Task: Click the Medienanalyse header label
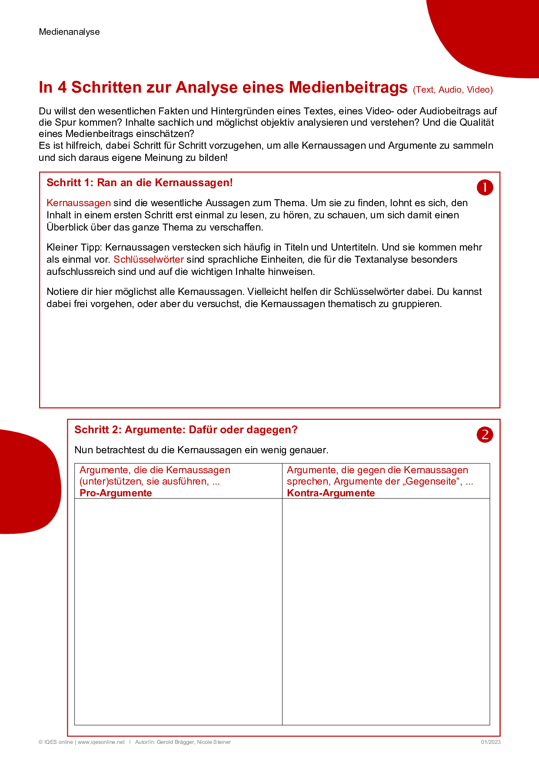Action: pos(69,32)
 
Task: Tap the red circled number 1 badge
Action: pos(485,187)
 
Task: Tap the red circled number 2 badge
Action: pos(485,435)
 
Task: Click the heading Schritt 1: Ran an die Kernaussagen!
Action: pos(140,183)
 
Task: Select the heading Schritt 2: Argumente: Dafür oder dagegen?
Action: pos(186,430)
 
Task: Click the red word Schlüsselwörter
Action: pos(149,260)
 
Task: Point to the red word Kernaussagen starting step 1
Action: pos(79,203)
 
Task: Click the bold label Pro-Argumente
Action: pos(116,493)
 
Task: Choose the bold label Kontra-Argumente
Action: pos(331,493)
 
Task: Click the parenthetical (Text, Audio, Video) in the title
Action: pos(452,90)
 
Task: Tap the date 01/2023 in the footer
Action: pos(490,742)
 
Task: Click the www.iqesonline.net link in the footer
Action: pos(101,742)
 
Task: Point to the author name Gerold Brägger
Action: pos(175,742)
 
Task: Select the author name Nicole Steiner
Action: pos(214,742)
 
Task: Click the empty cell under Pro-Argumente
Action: pos(178,611)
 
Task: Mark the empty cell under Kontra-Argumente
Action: pos(386,611)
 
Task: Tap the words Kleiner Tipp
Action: pos(73,248)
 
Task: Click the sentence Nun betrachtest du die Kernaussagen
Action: pos(201,450)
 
